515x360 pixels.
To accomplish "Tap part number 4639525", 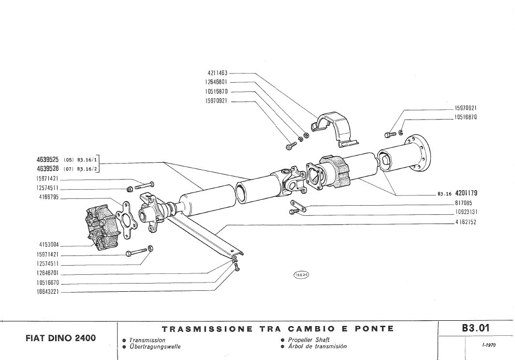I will pyautogui.click(x=47, y=159).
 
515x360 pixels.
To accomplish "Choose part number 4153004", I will pyautogui.click(x=48, y=244).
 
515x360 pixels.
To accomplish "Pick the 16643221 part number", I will pyautogui.click(x=47, y=292).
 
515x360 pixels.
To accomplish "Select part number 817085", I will pyautogui.click(x=464, y=204).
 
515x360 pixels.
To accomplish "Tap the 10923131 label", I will pyautogui.click(x=466, y=212).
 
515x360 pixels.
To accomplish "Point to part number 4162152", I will pyautogui.click(x=466, y=222).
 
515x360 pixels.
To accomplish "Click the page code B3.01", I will pyautogui.click(x=476, y=328).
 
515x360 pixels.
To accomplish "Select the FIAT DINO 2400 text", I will pyautogui.click(x=60, y=338).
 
